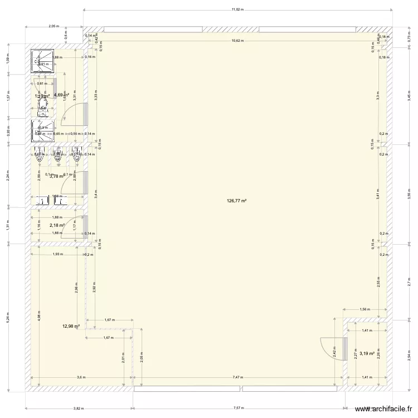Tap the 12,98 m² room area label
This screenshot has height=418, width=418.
tap(71, 327)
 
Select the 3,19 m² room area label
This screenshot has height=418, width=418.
tap(367, 353)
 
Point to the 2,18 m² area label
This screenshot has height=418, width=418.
tap(57, 226)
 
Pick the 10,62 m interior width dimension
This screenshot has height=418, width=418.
tap(238, 40)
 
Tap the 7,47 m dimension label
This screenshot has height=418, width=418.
tap(238, 377)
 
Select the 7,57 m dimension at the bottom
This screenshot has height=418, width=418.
tap(240, 408)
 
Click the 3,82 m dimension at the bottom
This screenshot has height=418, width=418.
tap(79, 408)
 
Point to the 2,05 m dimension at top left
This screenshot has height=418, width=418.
tap(54, 26)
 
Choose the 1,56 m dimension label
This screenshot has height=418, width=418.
tap(365, 309)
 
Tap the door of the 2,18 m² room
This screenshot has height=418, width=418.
tap(75, 226)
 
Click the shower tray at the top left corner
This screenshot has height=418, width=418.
tap(42, 61)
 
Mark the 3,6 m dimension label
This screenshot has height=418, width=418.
tap(81, 377)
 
